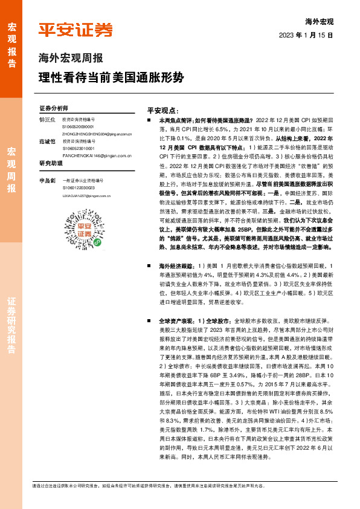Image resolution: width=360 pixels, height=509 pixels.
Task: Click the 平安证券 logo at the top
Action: (x=76, y=30)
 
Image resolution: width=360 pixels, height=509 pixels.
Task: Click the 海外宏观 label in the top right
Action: (x=320, y=22)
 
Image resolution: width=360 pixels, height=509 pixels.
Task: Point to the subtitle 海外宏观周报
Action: (x=71, y=59)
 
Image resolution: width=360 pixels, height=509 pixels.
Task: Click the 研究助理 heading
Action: (x=51, y=163)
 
